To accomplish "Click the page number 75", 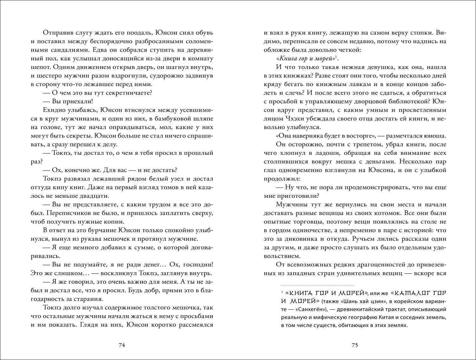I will coord(355,345).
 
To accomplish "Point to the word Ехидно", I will coord(51,110).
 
